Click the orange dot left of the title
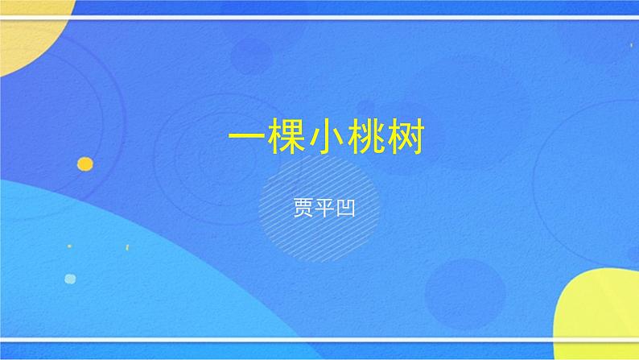pos(85,163)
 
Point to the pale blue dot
pos(70,279)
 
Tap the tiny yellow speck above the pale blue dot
pos(69,246)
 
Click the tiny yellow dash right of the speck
pos(126,246)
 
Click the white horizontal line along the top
pos(322,17)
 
